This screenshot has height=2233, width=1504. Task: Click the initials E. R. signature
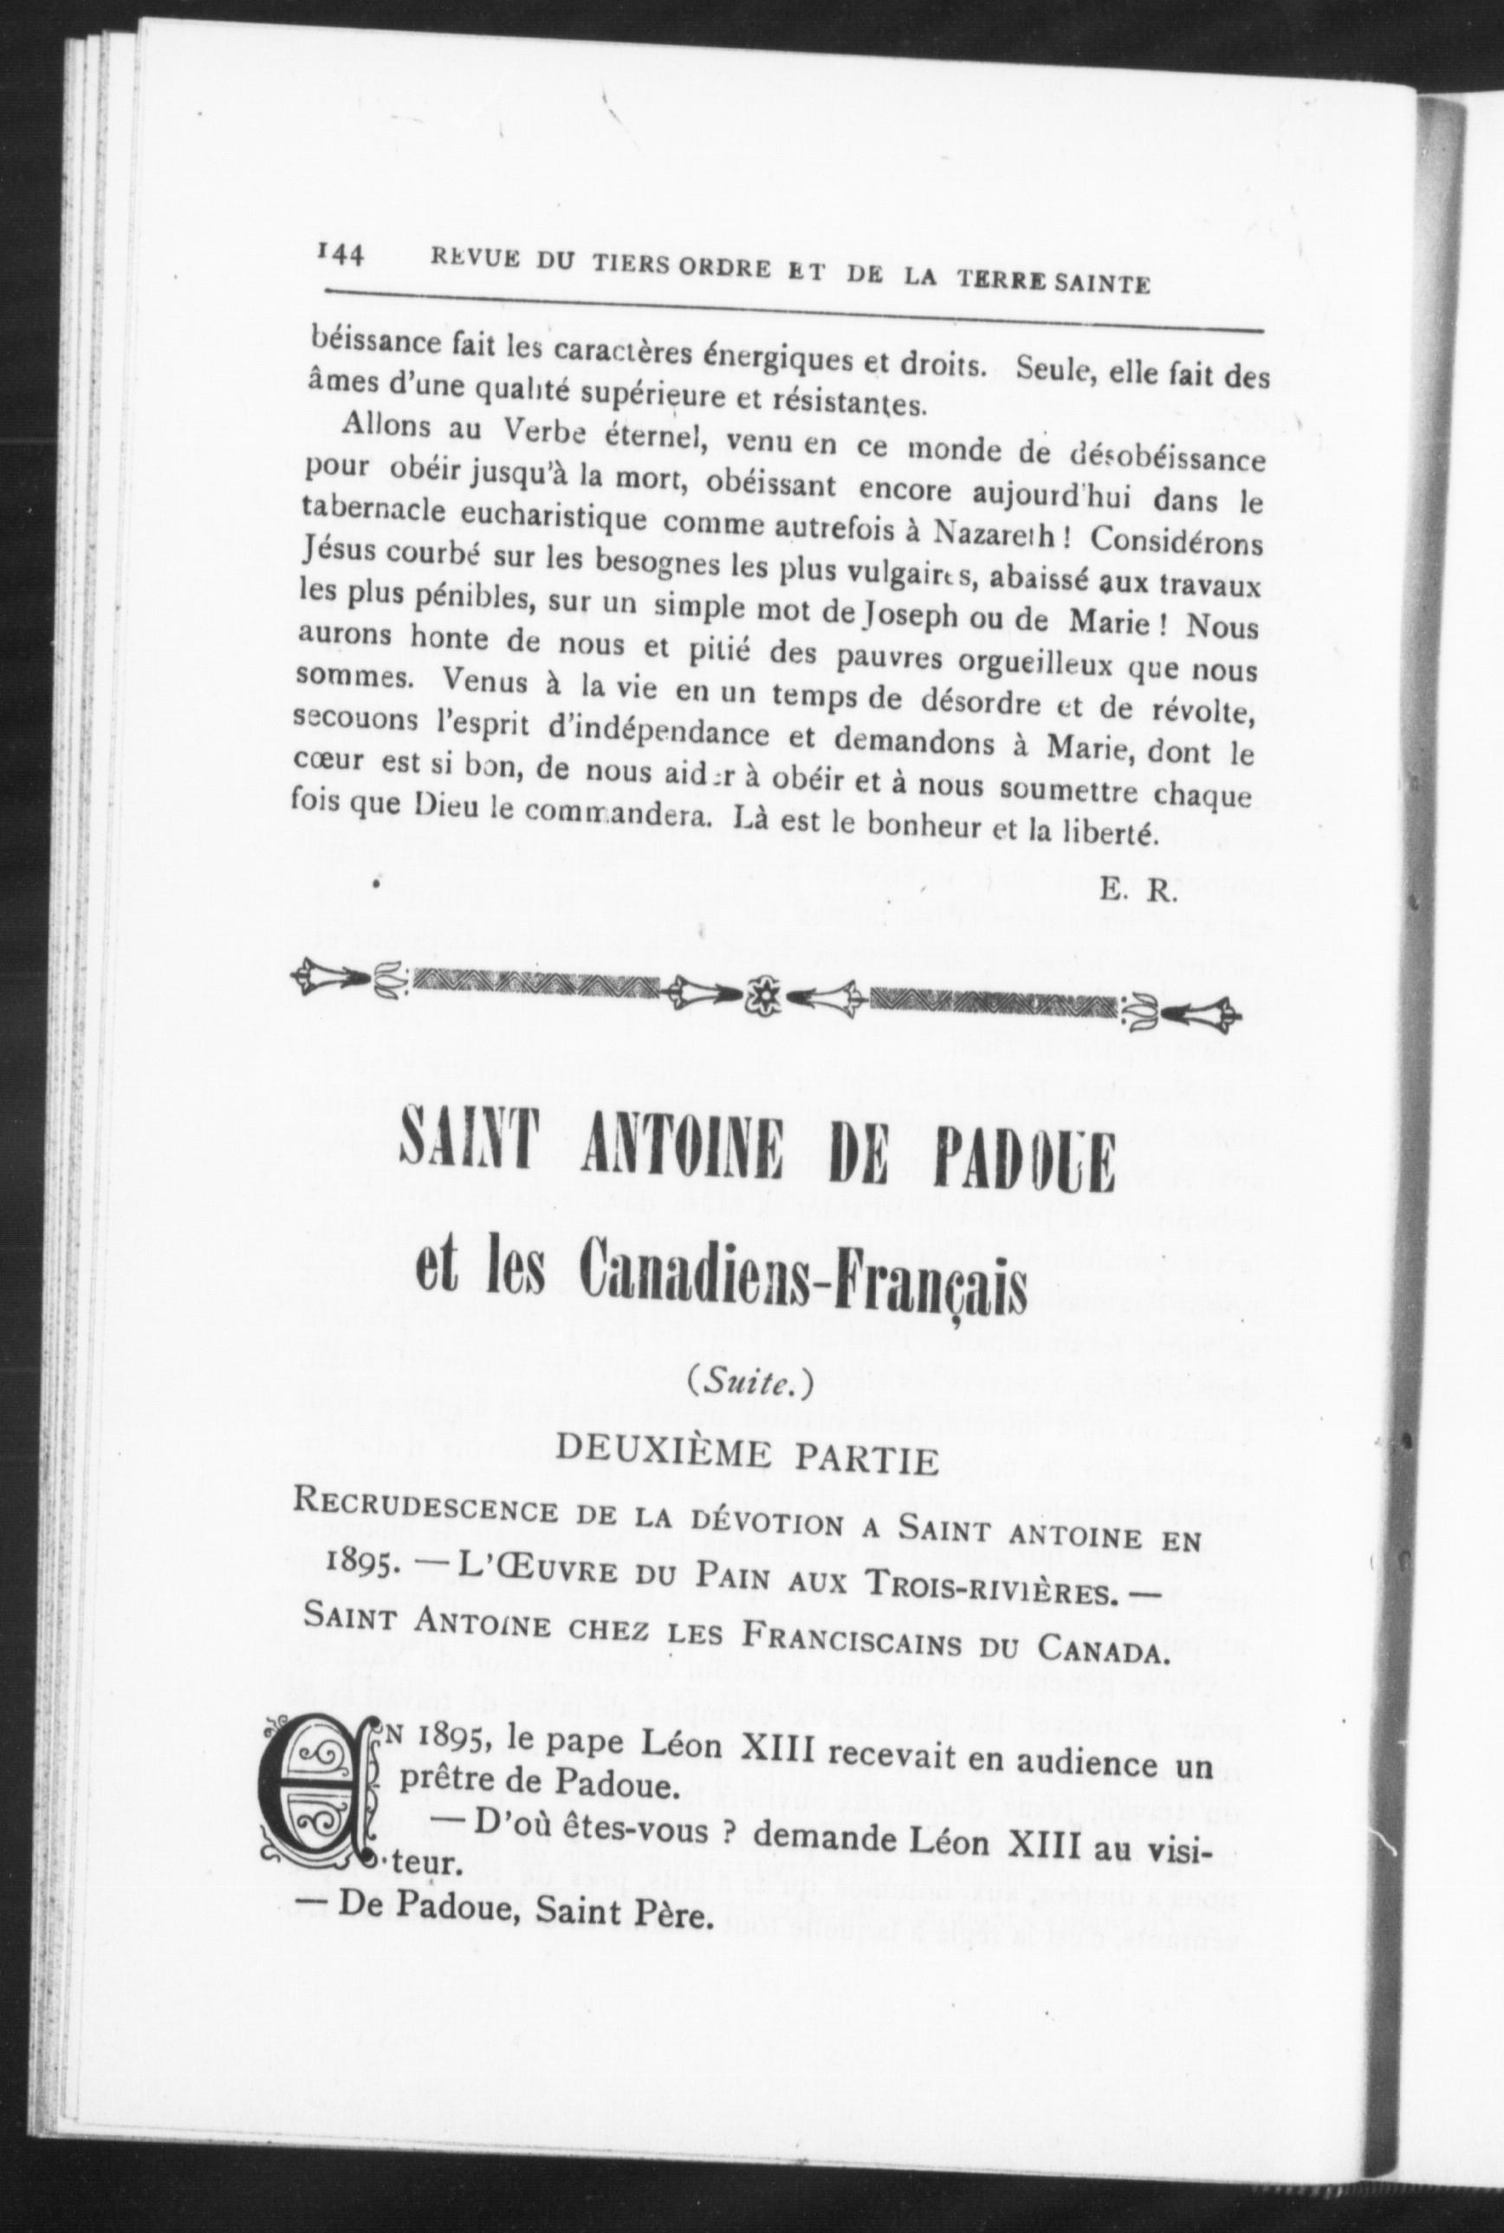(x=1138, y=891)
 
